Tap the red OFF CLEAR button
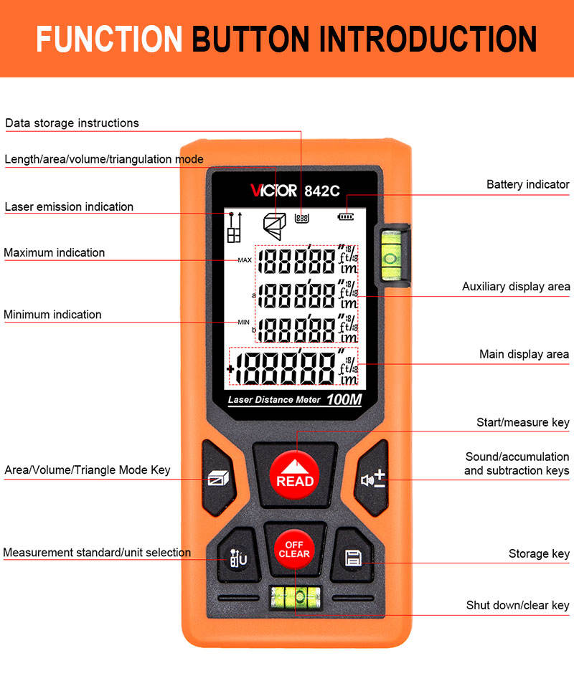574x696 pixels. [294, 550]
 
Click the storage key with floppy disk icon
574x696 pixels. [353, 556]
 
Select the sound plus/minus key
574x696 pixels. [372, 479]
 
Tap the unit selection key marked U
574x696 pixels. [238, 556]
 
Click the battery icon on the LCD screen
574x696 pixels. [346, 216]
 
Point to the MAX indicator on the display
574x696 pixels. [245, 260]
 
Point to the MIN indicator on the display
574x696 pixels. [243, 323]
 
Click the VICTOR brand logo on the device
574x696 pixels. [273, 191]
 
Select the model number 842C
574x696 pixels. [322, 191]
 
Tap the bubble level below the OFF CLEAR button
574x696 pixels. [296, 598]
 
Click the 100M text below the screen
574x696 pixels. [344, 399]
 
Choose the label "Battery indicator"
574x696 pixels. [528, 184]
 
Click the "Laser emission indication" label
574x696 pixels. [69, 207]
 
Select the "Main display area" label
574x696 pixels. [524, 354]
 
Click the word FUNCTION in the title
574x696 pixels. [109, 39]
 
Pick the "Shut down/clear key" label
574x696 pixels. [517, 606]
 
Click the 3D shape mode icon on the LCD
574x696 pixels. [275, 226]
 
